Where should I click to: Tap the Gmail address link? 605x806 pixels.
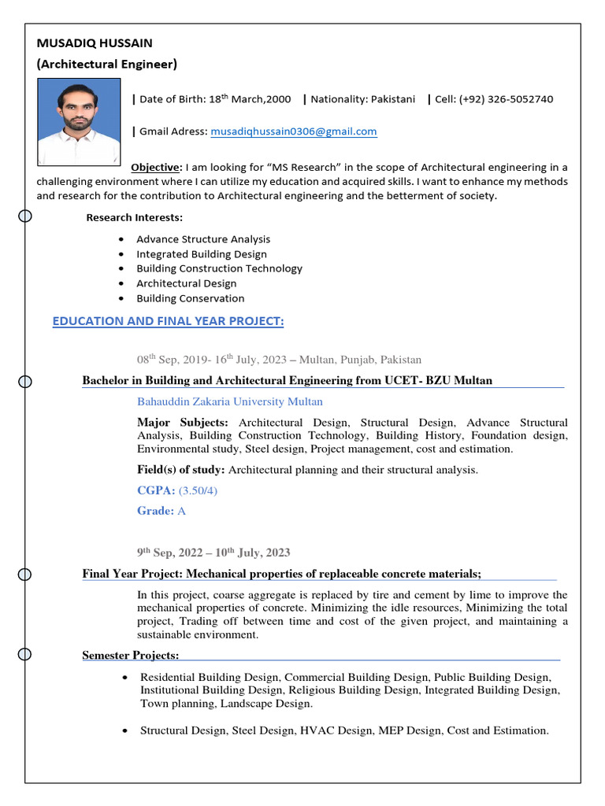pos(293,131)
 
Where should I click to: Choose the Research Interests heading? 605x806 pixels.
pos(134,217)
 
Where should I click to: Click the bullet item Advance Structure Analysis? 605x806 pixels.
pos(202,239)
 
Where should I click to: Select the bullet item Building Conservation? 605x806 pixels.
pos(190,298)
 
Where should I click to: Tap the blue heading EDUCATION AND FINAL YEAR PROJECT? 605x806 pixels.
pos(168,321)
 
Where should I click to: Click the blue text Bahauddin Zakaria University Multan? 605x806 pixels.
pos(229,401)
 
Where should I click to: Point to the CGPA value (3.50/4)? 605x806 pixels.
pos(198,490)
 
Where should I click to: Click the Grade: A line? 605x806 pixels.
pos(161,511)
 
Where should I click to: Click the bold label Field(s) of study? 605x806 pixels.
pos(181,470)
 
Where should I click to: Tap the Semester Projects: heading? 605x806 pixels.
pos(131,656)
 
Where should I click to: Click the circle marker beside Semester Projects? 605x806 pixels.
pos(25,654)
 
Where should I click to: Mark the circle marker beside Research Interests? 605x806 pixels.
pos(25,216)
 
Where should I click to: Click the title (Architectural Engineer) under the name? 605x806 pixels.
pos(107,65)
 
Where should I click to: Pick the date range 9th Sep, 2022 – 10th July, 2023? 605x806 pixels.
pos(213,553)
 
